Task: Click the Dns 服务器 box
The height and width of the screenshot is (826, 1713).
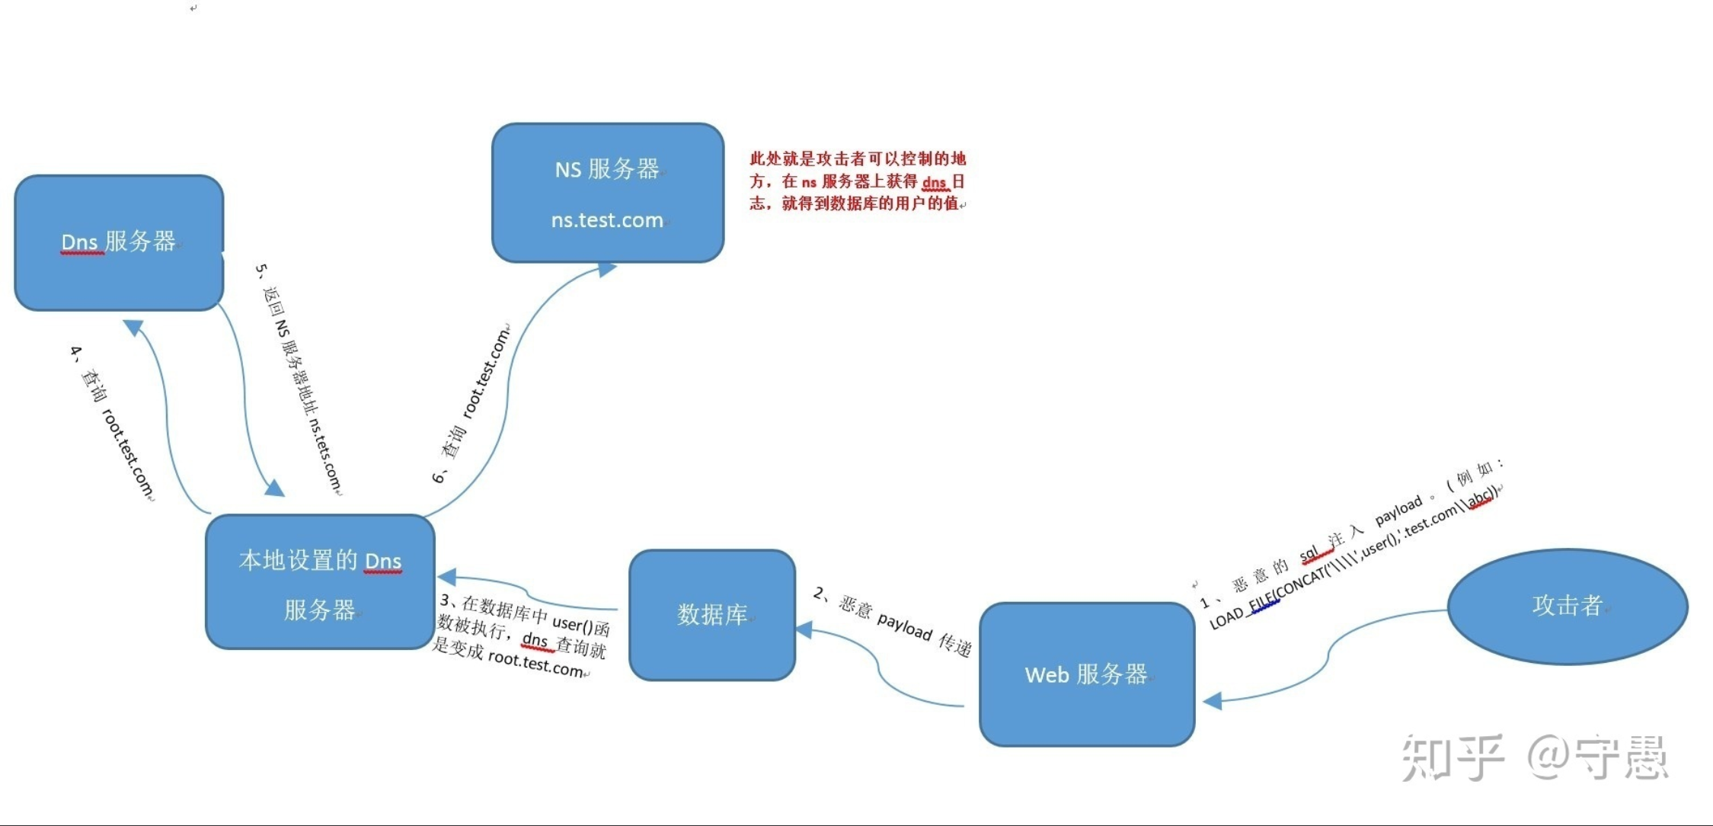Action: point(119,242)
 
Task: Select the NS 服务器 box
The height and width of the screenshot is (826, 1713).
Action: point(607,192)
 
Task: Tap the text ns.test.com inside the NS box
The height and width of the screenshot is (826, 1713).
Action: point(607,220)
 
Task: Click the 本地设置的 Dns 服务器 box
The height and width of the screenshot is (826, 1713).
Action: point(320,583)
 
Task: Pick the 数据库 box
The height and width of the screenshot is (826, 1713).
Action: point(712,614)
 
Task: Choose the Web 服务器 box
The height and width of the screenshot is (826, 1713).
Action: point(1086,674)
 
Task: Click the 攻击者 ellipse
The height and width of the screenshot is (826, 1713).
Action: point(1568,606)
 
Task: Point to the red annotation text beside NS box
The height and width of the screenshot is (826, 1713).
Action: point(857,181)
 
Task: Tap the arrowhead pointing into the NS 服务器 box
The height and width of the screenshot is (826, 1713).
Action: point(607,269)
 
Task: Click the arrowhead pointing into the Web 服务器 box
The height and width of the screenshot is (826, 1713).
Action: point(1213,701)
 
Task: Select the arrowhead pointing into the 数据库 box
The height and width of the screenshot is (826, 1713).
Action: point(804,629)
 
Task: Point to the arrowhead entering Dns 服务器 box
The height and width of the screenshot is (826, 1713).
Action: point(133,327)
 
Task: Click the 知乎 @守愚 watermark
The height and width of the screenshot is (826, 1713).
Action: point(1534,757)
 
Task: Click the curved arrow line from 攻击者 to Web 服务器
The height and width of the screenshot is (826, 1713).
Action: point(1328,655)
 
